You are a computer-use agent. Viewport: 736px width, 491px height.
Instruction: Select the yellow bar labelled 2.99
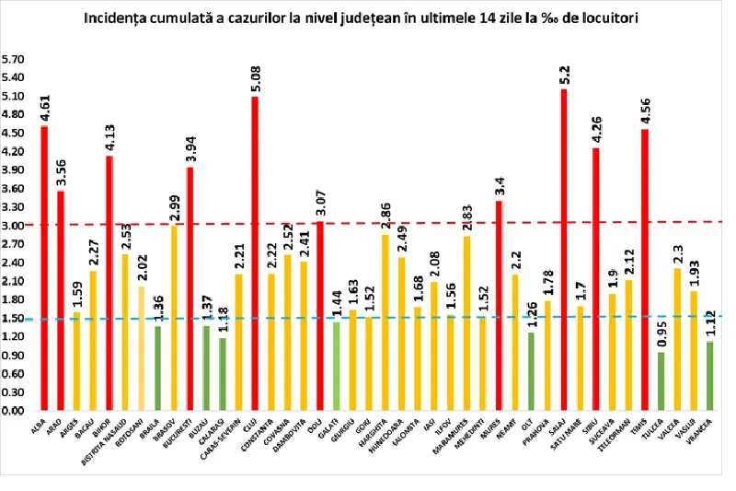[x=173, y=318]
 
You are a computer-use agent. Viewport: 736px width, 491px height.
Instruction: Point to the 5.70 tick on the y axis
[x=14, y=59]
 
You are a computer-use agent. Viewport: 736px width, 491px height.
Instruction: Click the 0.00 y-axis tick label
[x=14, y=411]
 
